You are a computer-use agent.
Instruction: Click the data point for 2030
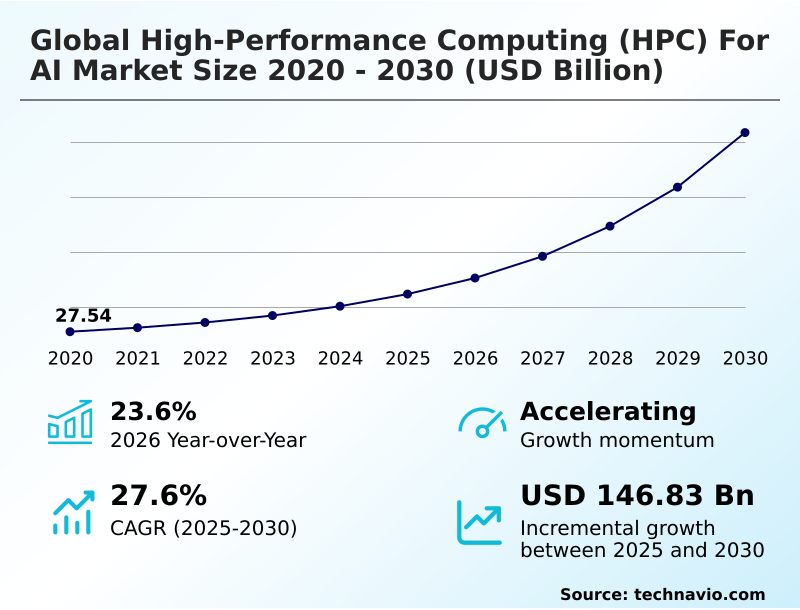coord(745,133)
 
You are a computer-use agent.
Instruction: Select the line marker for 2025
coord(408,294)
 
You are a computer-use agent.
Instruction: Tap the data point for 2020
coord(70,332)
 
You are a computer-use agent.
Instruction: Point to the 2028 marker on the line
coord(610,226)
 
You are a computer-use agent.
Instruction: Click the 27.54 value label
coord(83,316)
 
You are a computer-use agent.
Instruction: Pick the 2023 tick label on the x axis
coord(273,359)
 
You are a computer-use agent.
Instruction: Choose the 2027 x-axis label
coord(543,359)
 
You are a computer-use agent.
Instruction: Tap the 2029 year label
coord(678,359)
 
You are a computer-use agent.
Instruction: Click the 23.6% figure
coord(153,412)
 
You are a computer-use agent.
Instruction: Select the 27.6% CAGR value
coord(158,496)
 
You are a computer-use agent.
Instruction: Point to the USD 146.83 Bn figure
coord(637,496)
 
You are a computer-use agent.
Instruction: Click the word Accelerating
coord(608,412)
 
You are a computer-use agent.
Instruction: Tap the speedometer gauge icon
coord(482,422)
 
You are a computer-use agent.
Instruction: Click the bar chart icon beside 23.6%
coord(70,422)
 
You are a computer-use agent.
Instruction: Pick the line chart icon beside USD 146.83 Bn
coord(480,521)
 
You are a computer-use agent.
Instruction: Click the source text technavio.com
coord(699,594)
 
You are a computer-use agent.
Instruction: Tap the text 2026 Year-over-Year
coord(208,441)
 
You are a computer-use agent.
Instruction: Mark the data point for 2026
coord(475,278)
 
